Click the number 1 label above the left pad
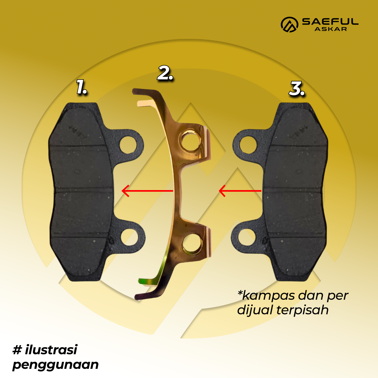(82, 87)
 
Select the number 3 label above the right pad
(297, 89)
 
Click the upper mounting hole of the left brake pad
(128, 145)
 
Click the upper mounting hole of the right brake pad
(248, 145)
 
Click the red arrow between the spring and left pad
(147, 191)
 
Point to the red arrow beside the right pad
(240, 191)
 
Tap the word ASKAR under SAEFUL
(331, 29)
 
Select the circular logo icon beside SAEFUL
(289, 25)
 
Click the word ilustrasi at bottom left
(51, 350)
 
